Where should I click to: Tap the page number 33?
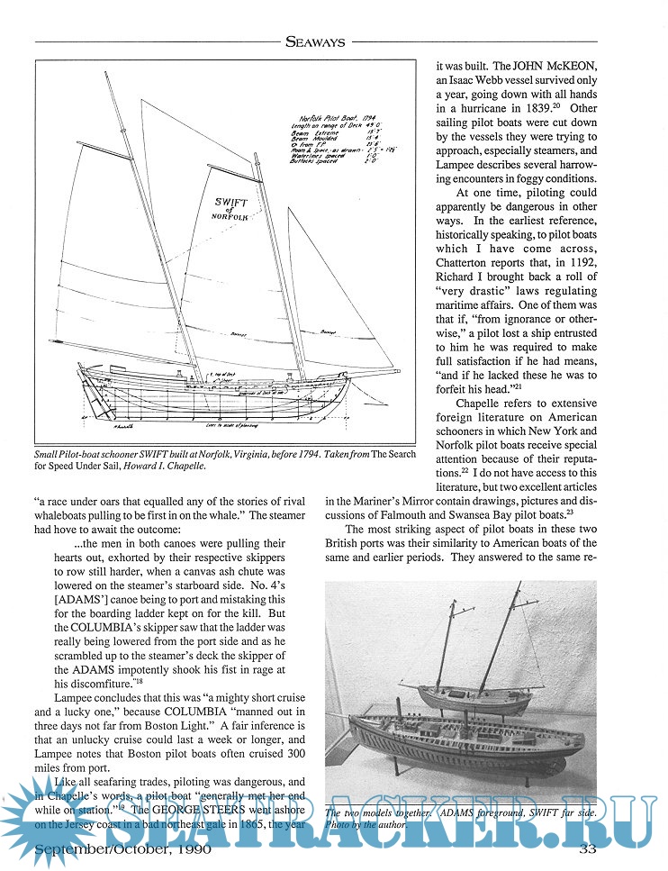pyautogui.click(x=587, y=848)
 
